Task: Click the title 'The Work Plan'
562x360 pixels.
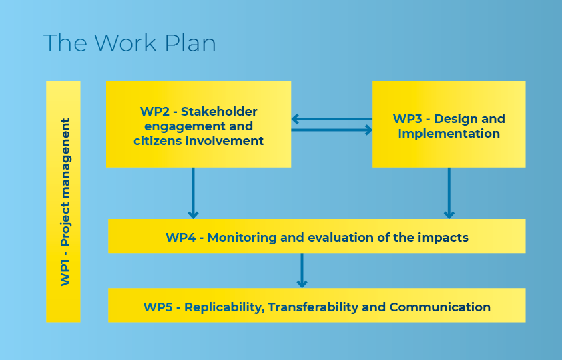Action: [x=129, y=43]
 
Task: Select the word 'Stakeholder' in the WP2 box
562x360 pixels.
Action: [x=219, y=112]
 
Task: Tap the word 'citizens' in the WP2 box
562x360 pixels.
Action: [x=158, y=140]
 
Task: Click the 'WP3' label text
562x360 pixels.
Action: [x=408, y=119]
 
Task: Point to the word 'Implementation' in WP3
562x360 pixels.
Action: [x=449, y=134]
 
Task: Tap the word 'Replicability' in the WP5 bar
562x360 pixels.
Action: [x=224, y=307]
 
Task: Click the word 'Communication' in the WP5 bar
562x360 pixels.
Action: [x=440, y=307]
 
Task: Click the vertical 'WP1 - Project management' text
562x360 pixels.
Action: [x=65, y=202]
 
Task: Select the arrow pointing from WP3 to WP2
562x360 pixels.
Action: [x=332, y=119]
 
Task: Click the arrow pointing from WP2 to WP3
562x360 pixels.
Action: [x=332, y=130]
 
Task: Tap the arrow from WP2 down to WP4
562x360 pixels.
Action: [x=193, y=193]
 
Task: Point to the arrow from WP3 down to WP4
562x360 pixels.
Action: [x=449, y=193]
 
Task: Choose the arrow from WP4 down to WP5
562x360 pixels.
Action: [x=302, y=271]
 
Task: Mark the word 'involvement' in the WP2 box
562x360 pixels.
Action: [x=224, y=140]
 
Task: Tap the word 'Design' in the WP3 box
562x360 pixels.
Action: [x=453, y=119]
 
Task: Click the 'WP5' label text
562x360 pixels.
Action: [x=158, y=307]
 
